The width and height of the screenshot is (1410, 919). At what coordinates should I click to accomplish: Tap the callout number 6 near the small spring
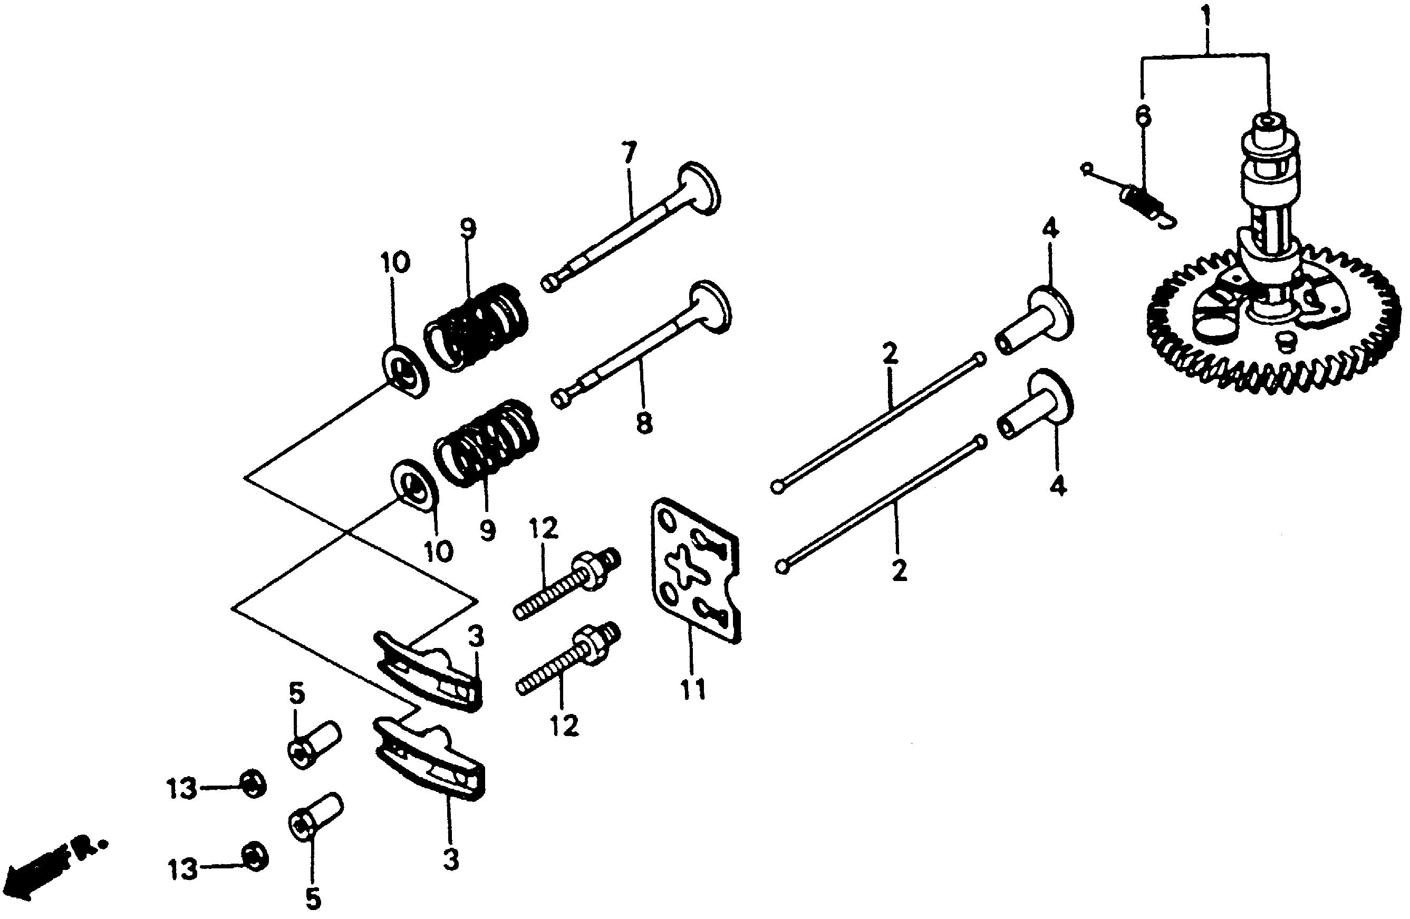[1143, 115]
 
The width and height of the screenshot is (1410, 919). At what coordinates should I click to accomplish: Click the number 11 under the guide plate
[692, 689]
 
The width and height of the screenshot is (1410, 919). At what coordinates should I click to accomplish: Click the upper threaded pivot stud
[567, 583]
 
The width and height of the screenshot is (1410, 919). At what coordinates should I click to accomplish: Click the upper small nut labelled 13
[253, 786]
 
